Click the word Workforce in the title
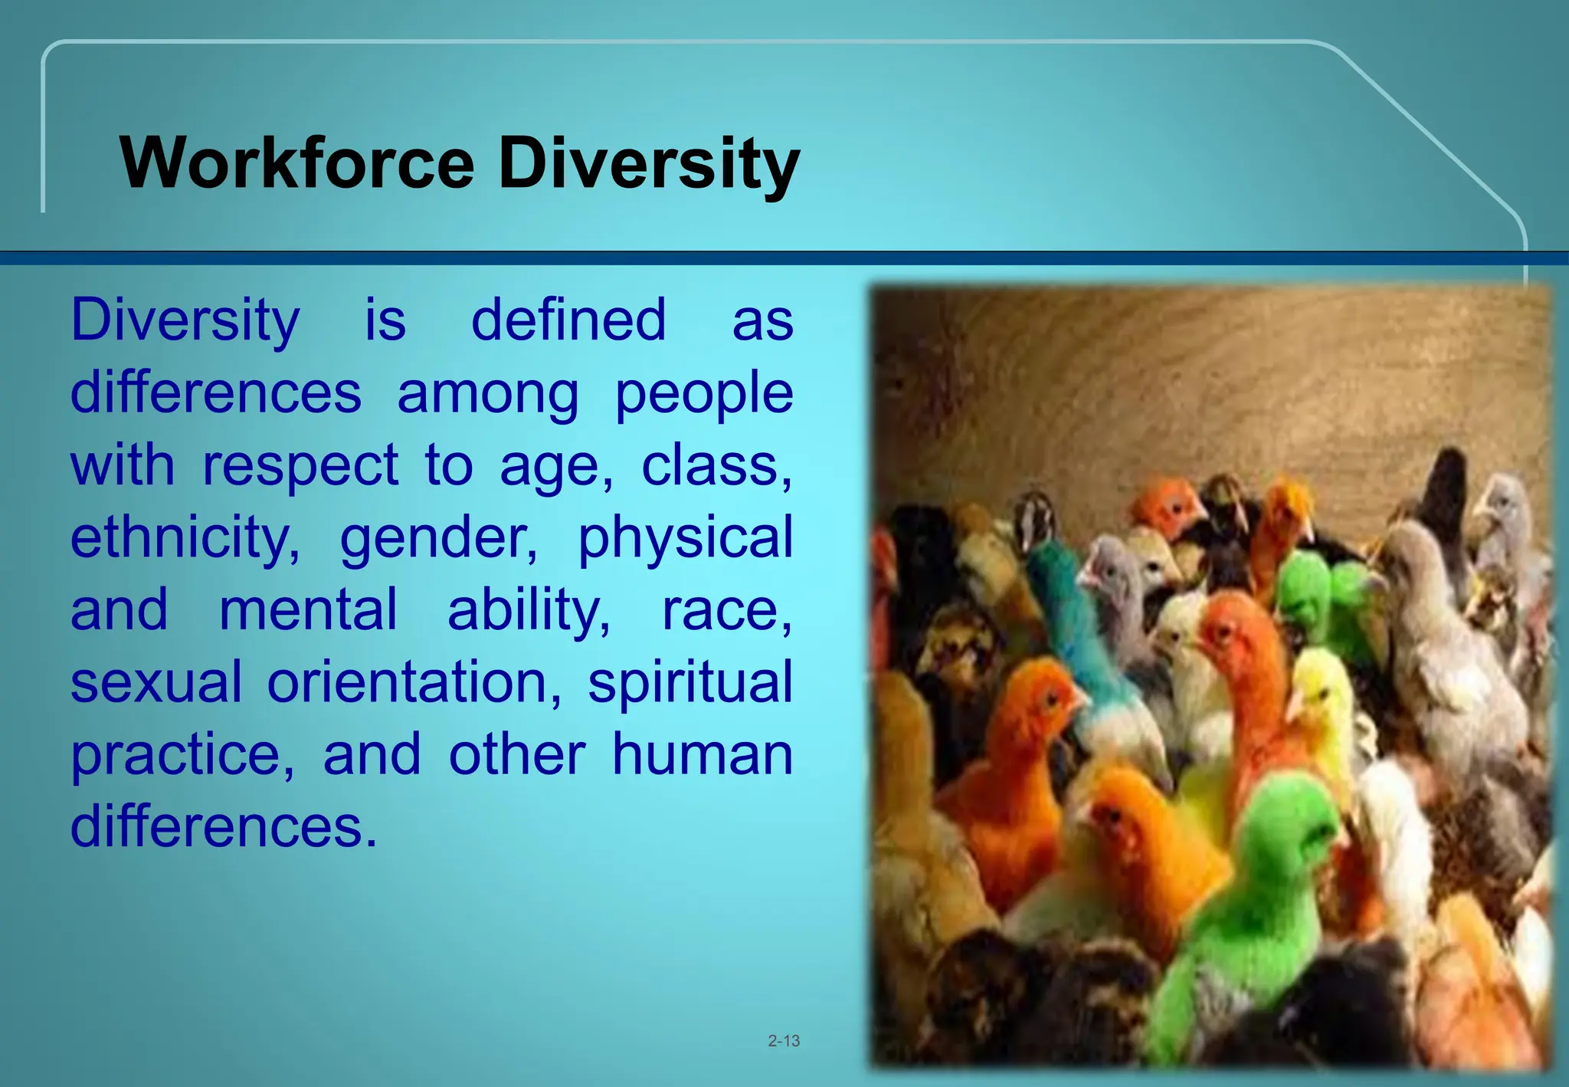point(297,163)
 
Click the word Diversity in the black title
point(649,164)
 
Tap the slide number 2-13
point(784,1041)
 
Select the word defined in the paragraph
point(568,320)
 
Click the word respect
point(300,466)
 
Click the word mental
point(308,610)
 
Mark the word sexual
point(156,682)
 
